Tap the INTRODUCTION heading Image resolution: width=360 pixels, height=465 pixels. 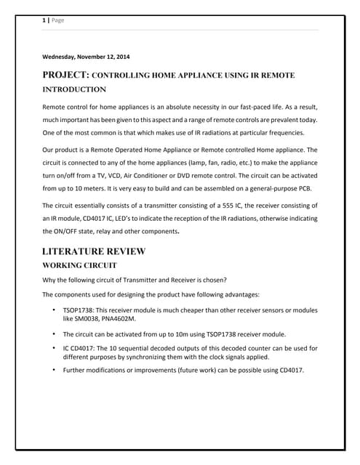(x=74, y=89)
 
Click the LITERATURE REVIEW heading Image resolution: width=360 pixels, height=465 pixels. (x=94, y=251)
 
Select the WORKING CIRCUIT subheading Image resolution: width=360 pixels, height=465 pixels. (x=79, y=266)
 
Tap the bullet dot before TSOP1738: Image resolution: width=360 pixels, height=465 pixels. (x=55, y=310)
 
